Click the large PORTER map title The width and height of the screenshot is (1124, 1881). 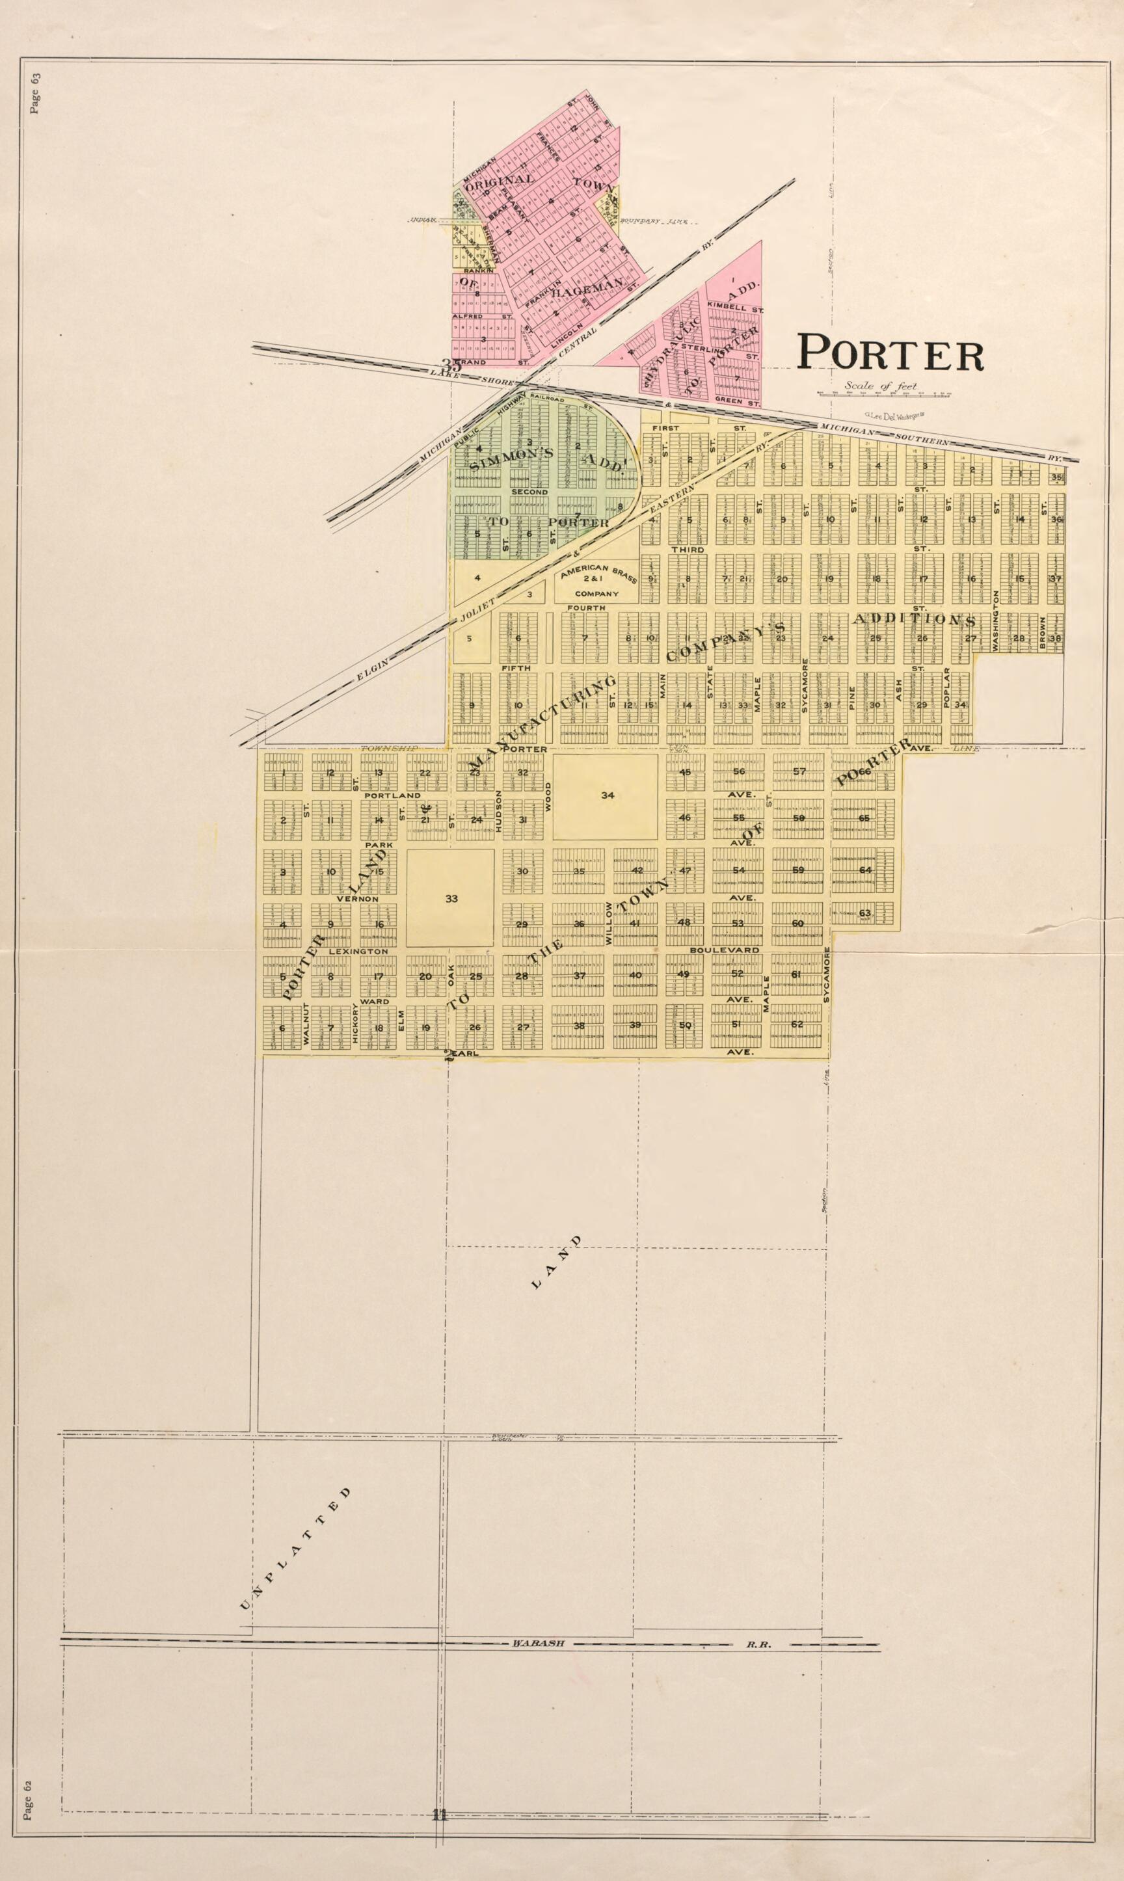(890, 353)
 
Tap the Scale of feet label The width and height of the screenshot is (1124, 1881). (880, 386)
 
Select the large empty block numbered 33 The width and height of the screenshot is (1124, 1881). (451, 899)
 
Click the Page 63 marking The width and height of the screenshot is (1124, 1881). (35, 92)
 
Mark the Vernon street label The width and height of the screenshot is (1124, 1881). (356, 898)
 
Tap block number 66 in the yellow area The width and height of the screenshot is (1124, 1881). (865, 771)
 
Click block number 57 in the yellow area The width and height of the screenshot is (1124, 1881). (798, 771)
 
